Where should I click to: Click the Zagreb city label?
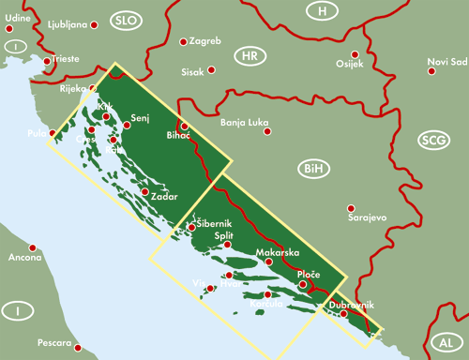204,42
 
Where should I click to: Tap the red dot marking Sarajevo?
351,208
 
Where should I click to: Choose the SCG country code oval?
434,140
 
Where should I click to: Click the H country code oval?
323,10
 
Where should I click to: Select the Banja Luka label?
245,123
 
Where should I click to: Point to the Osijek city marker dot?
355,54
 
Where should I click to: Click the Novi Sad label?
446,62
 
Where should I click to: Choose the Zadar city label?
163,197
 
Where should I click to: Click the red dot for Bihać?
185,126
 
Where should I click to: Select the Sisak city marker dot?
212,69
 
